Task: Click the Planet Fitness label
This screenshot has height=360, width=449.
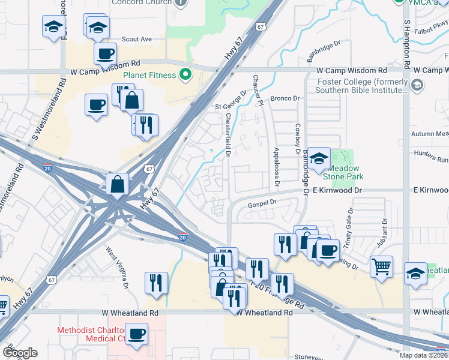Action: [x=149, y=75]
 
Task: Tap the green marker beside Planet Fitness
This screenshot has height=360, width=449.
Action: [x=185, y=75]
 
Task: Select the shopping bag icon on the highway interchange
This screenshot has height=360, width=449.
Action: [x=118, y=184]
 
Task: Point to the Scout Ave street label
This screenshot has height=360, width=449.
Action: [x=137, y=39]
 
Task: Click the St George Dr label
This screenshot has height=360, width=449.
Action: [x=232, y=101]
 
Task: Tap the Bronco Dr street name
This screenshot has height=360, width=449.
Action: [x=285, y=98]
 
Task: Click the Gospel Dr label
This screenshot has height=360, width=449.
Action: [x=262, y=203]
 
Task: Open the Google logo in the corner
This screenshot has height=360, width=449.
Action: [x=20, y=353]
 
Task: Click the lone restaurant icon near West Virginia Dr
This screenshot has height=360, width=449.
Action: [x=156, y=283]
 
